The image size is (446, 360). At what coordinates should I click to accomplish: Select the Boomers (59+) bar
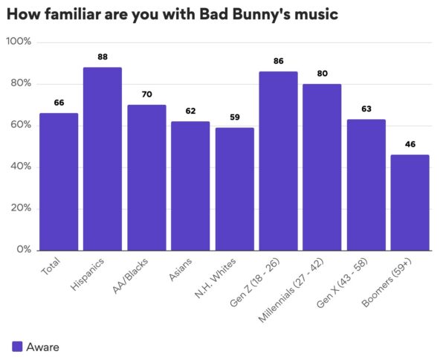[x=410, y=202]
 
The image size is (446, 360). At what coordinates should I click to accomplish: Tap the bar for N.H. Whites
[x=234, y=189]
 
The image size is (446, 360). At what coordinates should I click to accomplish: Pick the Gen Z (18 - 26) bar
[x=278, y=161]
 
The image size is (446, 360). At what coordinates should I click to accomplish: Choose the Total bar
[x=59, y=181]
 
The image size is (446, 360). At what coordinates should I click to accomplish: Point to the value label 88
[x=102, y=56]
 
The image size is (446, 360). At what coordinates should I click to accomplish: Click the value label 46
[x=410, y=144]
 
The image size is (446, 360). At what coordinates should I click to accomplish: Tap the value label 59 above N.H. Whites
[x=234, y=117]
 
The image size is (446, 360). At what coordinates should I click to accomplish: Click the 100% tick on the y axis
[x=19, y=42]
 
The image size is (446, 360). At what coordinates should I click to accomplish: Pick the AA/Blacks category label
[x=130, y=277]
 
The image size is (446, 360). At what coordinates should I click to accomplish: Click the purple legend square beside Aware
[x=17, y=346]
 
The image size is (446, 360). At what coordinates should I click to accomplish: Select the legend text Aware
[x=42, y=346]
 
